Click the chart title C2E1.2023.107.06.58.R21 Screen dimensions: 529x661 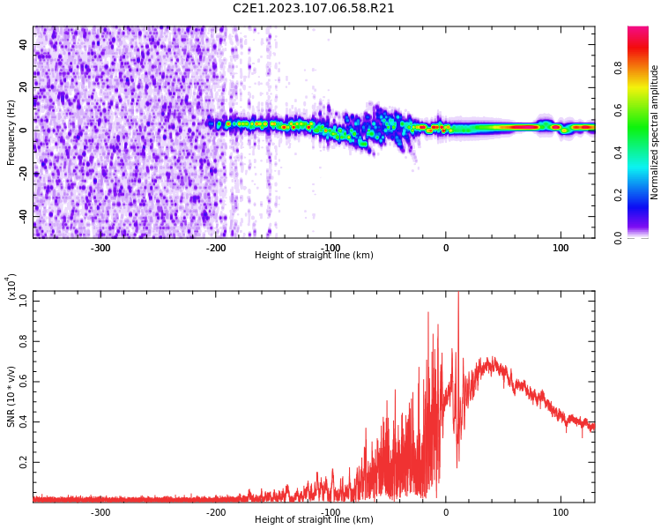(x=314, y=9)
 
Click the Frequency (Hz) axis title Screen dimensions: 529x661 (x=11, y=132)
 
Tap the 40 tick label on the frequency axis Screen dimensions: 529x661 (x=24, y=44)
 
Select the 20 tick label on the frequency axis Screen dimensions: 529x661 (x=24, y=87)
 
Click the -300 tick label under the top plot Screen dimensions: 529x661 (x=100, y=248)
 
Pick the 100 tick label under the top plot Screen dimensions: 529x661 (x=561, y=248)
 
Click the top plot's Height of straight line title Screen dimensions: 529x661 (x=314, y=256)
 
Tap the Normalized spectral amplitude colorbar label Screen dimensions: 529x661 (x=655, y=132)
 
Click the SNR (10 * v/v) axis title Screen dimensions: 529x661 (x=11, y=397)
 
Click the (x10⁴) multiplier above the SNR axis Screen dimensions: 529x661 (x=11, y=287)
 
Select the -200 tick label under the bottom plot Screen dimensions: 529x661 (x=216, y=512)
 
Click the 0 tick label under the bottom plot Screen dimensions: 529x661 (x=446, y=512)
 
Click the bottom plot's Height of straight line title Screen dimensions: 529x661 (x=314, y=520)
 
